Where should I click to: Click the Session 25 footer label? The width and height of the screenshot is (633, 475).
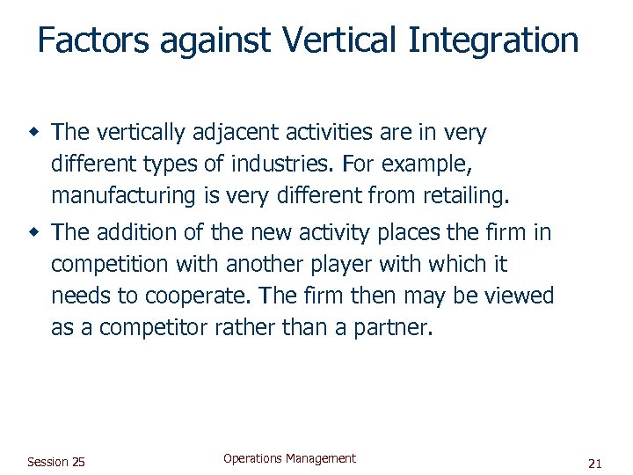point(56,462)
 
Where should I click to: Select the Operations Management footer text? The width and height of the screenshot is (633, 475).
point(289,458)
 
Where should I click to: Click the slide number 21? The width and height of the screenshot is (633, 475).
point(594,463)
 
